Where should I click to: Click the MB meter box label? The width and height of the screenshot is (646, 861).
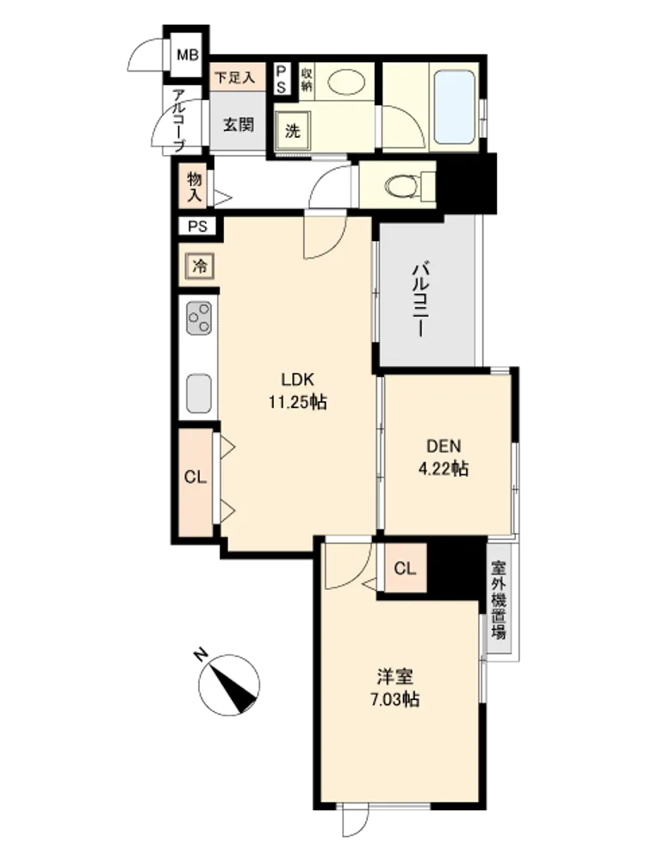(x=187, y=55)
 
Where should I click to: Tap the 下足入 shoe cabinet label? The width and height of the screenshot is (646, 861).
(x=234, y=77)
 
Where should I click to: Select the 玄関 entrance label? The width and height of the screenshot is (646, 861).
(x=239, y=125)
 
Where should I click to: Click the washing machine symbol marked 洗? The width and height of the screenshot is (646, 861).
(x=293, y=131)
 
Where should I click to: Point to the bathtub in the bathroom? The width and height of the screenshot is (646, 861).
(x=454, y=107)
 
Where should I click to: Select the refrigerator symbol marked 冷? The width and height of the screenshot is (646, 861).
(x=200, y=266)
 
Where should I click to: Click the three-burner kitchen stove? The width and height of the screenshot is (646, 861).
(x=199, y=318)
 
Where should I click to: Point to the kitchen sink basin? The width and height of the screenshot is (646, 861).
(x=199, y=393)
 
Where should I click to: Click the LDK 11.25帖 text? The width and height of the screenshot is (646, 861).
(x=297, y=391)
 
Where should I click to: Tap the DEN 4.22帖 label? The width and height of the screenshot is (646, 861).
(x=444, y=457)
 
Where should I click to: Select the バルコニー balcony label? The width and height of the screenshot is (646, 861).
(x=421, y=300)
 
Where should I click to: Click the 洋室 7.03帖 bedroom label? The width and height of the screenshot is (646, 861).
(x=395, y=687)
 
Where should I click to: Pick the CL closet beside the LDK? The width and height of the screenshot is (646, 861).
(x=195, y=477)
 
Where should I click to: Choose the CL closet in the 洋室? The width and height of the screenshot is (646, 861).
(x=405, y=568)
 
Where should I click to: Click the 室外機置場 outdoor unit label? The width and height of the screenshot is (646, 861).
(x=499, y=600)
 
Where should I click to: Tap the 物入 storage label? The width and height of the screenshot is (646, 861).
(x=194, y=187)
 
